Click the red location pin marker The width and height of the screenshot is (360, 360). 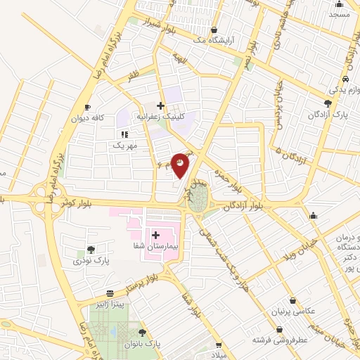click(x=181, y=165)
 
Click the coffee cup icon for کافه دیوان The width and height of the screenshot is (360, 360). click(x=87, y=107)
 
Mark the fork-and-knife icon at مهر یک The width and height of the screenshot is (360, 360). click(x=124, y=134)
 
